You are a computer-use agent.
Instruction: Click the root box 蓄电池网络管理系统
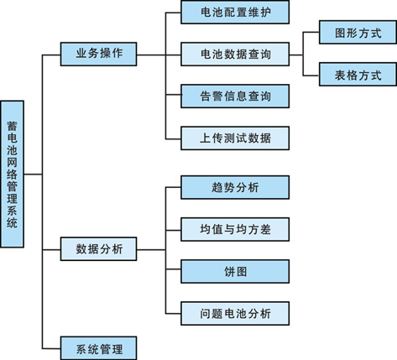[x=12, y=174]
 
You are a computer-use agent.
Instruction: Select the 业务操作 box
[x=98, y=54]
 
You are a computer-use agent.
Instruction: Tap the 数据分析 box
[x=98, y=249]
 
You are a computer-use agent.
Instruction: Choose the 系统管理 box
[x=98, y=348]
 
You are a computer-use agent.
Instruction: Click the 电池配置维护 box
[x=235, y=12]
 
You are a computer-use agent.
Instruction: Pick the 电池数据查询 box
[x=235, y=54]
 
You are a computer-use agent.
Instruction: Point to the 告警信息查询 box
[x=235, y=96]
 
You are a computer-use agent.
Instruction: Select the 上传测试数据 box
[x=235, y=138]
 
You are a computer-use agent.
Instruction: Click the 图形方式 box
[x=358, y=32]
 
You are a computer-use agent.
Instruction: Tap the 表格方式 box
[x=358, y=74]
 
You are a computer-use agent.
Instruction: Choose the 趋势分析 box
[x=235, y=187]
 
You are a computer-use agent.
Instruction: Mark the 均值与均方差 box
[x=235, y=229]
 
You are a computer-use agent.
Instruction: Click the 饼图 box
[x=235, y=271]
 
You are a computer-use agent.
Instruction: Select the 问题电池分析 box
[x=235, y=313]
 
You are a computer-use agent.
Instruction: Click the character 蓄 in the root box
[x=12, y=126]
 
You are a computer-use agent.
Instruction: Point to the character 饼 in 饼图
[x=229, y=272]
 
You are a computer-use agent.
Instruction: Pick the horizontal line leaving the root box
[x=33, y=175]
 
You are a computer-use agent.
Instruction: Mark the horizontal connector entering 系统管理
[x=51, y=348]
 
